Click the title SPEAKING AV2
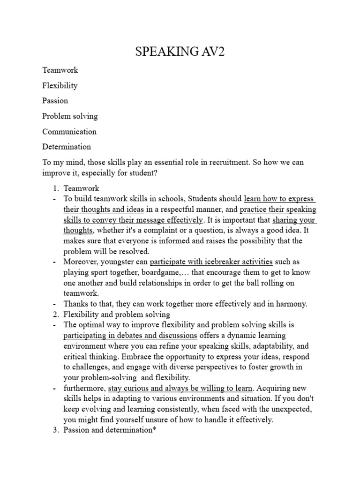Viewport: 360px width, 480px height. (180, 52)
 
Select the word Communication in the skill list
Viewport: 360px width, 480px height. (69, 131)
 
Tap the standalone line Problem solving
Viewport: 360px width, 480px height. (70, 116)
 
